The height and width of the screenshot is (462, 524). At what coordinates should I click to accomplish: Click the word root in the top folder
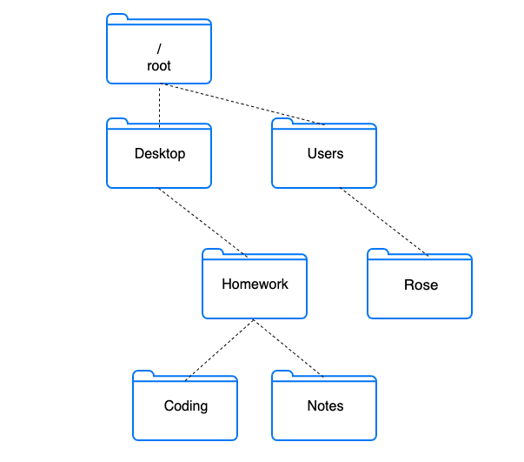click(159, 65)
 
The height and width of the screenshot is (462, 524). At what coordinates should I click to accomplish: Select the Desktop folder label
click(160, 154)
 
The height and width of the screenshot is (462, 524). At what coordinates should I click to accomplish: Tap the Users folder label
click(325, 154)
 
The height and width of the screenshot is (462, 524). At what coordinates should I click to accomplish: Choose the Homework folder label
click(255, 284)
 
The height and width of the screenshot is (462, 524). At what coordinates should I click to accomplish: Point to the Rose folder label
click(421, 285)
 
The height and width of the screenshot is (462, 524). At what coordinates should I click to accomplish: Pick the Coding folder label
click(186, 405)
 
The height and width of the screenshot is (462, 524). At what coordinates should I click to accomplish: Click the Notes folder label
click(325, 405)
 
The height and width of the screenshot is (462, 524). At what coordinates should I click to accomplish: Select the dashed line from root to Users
click(243, 105)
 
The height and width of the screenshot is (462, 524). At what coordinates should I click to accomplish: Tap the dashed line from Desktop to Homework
click(203, 222)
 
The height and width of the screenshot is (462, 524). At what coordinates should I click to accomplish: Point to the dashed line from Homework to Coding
click(219, 349)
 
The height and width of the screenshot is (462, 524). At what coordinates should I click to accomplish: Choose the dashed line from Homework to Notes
click(289, 349)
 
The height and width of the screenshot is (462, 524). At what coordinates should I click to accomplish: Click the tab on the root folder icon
click(117, 18)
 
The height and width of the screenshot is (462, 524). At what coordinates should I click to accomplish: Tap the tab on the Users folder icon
click(282, 122)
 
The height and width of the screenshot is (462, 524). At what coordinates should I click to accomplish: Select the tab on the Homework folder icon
click(213, 252)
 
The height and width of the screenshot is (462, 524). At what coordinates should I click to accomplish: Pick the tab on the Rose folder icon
click(378, 252)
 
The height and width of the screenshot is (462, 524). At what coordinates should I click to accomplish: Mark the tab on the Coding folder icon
click(143, 374)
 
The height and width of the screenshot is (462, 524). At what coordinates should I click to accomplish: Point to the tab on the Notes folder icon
click(282, 374)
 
